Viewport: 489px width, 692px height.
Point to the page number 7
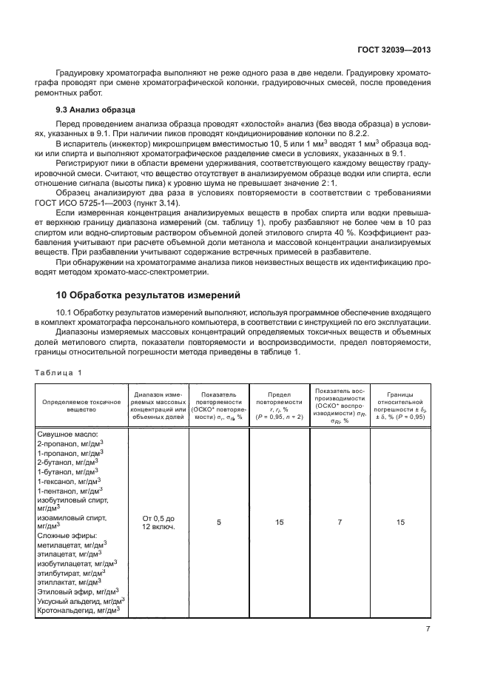click(428, 628)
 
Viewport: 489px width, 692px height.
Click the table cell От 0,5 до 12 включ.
click(159, 522)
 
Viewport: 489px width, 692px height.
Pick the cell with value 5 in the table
click(218, 522)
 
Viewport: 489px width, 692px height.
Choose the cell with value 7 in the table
click(340, 522)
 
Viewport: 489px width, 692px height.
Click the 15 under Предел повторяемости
click(279, 522)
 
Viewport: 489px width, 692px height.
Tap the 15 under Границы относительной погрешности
click(400, 522)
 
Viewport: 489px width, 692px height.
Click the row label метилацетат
click(64, 543)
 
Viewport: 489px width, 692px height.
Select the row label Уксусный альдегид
click(74, 600)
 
